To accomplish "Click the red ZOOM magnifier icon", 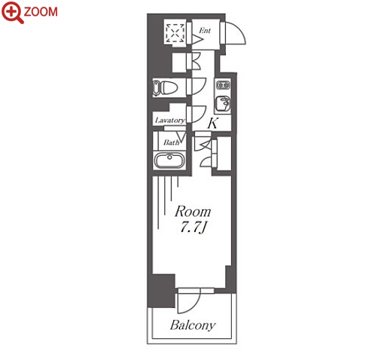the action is (x=12, y=12).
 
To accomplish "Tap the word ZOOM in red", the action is (x=41, y=12).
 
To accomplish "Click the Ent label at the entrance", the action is (x=205, y=31).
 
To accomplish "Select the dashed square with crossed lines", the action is (x=175, y=33).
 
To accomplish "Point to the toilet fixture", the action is (x=166, y=88).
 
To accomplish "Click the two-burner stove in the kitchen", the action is (x=223, y=85).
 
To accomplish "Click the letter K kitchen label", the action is (x=212, y=123).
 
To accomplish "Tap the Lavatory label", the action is (x=170, y=121).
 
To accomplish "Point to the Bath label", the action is (x=172, y=142).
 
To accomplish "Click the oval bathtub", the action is (x=169, y=160).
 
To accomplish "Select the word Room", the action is (x=193, y=212).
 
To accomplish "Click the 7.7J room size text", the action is (x=194, y=227).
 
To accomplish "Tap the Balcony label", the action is (x=193, y=325).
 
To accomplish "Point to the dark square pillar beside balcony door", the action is (x=161, y=291).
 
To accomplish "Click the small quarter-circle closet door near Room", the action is (x=206, y=162).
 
